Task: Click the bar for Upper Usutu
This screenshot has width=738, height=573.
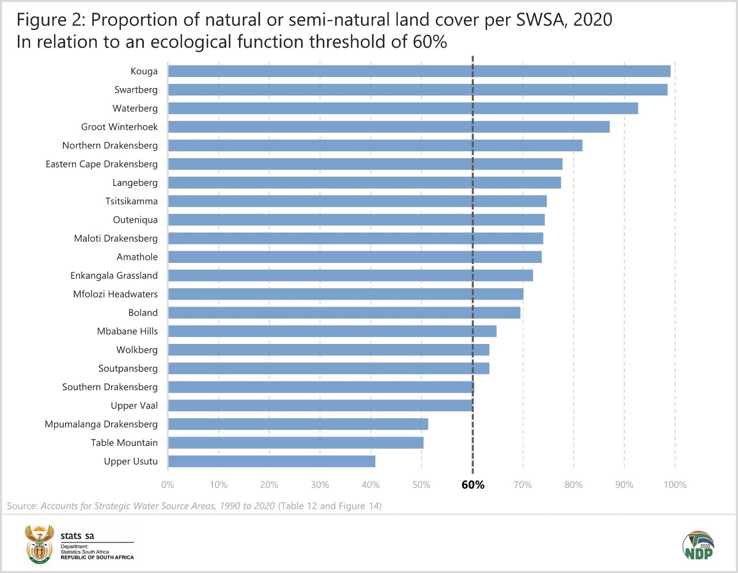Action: tap(272, 461)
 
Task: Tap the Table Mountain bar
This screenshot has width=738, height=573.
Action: tap(296, 443)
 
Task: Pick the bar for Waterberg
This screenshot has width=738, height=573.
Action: tap(403, 108)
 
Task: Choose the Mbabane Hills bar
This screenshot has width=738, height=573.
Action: tap(332, 331)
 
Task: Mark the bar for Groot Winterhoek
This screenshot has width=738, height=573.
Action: tap(389, 127)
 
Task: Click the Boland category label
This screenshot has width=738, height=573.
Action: tap(143, 313)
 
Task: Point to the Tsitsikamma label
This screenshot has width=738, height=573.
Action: tap(131, 201)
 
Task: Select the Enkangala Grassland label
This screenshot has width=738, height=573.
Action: tap(114, 276)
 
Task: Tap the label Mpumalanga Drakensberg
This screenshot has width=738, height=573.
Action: tap(101, 425)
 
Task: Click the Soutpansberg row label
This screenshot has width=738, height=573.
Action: tap(128, 369)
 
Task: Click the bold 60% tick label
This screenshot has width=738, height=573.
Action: tap(473, 485)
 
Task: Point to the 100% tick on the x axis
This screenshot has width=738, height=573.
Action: tap(675, 485)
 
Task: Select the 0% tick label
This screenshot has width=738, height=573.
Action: tap(168, 485)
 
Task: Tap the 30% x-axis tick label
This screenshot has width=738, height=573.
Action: tap(320, 485)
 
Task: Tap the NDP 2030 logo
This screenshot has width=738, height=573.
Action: tap(698, 545)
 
